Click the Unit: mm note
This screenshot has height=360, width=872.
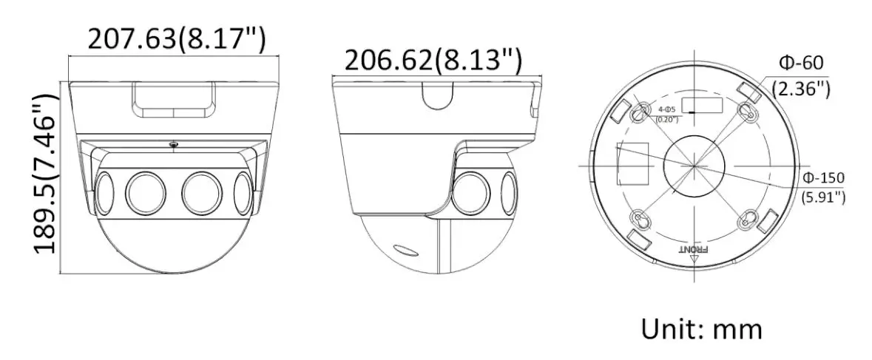pyautogui.click(x=701, y=327)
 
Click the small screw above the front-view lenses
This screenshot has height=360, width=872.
pyautogui.click(x=173, y=145)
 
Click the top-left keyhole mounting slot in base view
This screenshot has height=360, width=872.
pyautogui.click(x=639, y=110)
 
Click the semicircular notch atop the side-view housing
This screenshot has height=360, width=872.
pyautogui.click(x=438, y=95)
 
